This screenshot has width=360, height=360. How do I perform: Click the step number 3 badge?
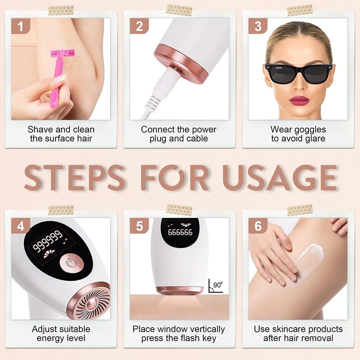coord(258,27)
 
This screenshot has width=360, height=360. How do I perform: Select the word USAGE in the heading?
coord(279,178)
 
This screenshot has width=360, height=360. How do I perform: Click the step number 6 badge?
coord(258,226)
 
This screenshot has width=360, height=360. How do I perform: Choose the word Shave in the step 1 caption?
coord(40,130)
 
